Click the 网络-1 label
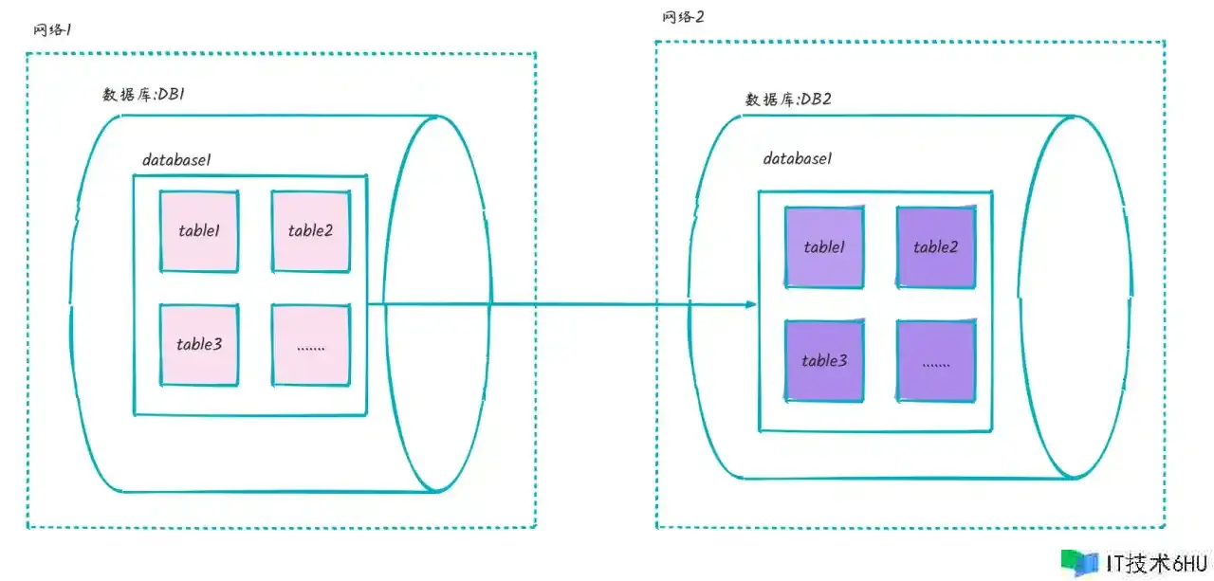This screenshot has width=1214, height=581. click(x=53, y=30)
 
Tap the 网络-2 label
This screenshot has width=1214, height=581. click(x=683, y=17)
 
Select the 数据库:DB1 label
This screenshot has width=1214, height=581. click(x=149, y=94)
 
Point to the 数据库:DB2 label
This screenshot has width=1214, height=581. click(x=788, y=100)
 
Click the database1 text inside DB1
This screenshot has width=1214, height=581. click(x=176, y=159)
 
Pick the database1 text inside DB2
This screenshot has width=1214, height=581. click(x=798, y=159)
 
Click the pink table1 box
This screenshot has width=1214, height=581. click(x=199, y=230)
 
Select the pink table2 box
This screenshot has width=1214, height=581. click(x=311, y=230)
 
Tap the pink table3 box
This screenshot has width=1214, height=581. click(x=199, y=344)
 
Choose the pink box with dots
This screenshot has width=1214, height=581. click(x=311, y=344)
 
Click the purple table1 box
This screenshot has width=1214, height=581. click(x=824, y=247)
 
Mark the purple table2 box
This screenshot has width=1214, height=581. click(x=936, y=247)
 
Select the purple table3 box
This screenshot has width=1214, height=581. click(x=824, y=360)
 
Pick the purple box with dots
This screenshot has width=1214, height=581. click(x=936, y=360)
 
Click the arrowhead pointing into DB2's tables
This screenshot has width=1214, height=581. click(x=751, y=304)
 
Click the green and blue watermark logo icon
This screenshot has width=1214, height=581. click(x=1079, y=562)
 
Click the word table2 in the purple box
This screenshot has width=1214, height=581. click(x=936, y=247)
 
